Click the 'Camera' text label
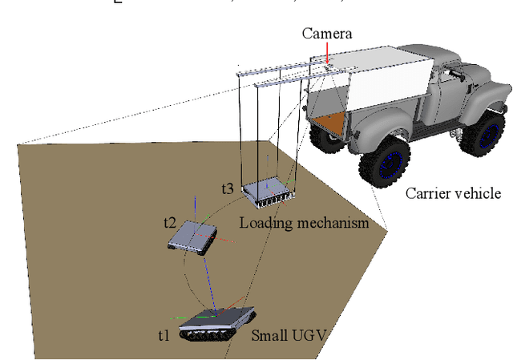coord(326,34)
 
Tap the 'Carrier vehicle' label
coord(453,193)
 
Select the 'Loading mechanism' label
coord(304,224)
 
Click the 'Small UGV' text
coord(289,335)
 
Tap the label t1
coord(164,335)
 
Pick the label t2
coord(169,222)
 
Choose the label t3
coord(228,189)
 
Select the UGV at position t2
coord(193,235)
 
